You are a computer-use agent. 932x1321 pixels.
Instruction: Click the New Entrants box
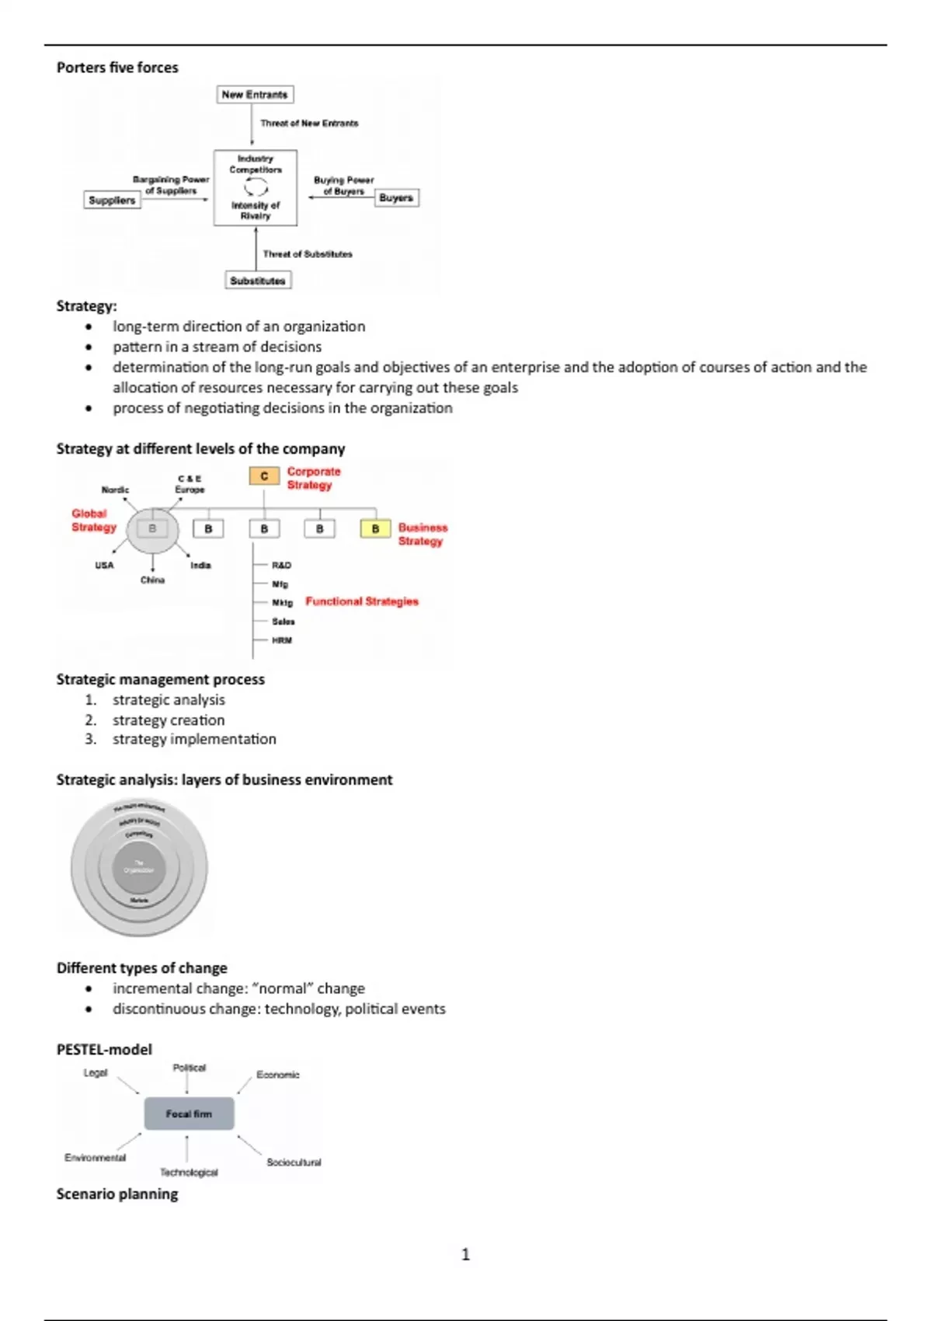255,95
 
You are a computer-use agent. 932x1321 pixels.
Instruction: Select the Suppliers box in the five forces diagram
112,200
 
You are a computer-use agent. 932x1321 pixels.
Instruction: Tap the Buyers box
396,198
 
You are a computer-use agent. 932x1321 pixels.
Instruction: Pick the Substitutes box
258,281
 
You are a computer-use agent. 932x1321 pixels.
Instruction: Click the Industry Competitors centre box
256,187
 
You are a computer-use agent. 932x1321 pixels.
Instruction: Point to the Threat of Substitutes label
308,254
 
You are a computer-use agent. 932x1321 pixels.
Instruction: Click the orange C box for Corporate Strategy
264,476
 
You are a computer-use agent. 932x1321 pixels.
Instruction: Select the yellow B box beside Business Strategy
375,528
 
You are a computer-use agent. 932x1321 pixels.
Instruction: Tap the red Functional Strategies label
362,601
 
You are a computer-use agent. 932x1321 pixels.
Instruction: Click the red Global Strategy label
93,520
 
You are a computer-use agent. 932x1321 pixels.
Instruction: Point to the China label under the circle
152,580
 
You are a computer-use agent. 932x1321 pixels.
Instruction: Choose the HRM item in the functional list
282,640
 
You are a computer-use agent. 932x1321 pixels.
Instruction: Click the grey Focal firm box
189,1114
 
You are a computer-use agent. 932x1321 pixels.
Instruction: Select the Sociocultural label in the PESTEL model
294,1162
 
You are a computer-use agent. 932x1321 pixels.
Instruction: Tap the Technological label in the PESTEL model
189,1173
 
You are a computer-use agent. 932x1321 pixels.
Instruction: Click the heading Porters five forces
117,68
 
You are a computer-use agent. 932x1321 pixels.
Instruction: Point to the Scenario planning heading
117,1194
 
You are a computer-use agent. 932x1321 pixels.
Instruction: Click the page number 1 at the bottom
465,1254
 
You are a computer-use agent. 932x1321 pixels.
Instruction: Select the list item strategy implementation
194,739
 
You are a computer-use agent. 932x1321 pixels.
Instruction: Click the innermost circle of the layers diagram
139,867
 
